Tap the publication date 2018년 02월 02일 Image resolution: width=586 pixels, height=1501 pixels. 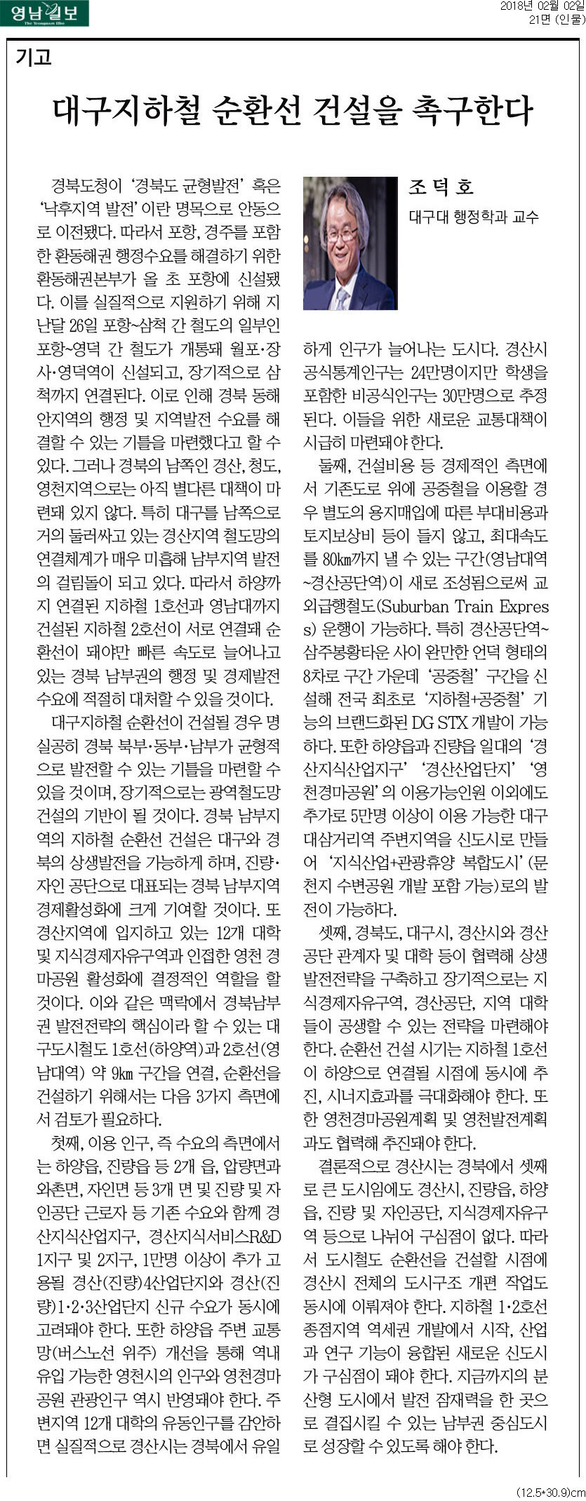pyautogui.click(x=542, y=6)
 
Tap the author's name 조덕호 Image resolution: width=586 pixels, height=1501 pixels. pyautogui.click(x=441, y=187)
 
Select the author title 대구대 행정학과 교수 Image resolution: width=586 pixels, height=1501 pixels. pyautogui.click(x=474, y=217)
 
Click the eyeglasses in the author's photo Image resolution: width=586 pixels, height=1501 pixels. pyautogui.click(x=343, y=234)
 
